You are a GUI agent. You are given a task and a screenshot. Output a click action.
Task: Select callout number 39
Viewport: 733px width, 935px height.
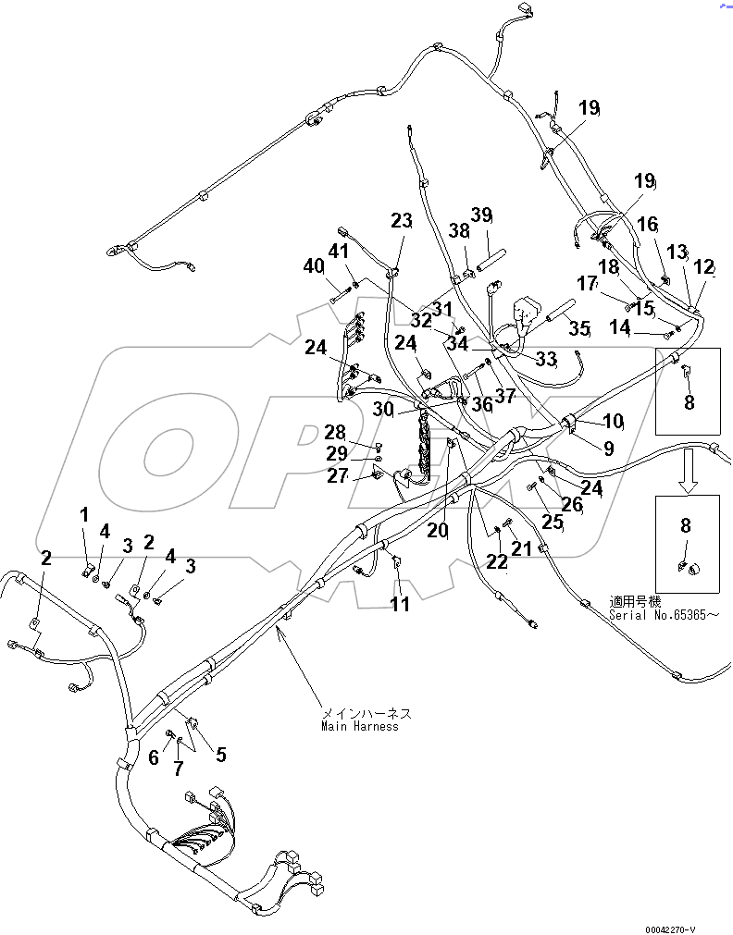(481, 215)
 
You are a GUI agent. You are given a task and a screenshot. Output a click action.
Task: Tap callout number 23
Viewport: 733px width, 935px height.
(401, 221)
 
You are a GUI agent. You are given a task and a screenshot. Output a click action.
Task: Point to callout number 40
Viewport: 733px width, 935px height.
(315, 266)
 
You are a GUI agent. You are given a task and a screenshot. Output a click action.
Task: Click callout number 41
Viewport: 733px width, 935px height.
(340, 251)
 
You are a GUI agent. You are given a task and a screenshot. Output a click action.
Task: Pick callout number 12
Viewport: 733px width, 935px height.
(704, 267)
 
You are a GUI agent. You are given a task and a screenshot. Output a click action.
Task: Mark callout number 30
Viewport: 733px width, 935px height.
(383, 409)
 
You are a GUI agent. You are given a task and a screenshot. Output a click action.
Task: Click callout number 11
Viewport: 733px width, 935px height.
(399, 605)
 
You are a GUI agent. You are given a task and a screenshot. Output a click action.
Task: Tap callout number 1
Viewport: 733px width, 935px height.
(84, 513)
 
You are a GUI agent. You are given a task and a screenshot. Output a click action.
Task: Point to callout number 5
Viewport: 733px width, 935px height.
(220, 755)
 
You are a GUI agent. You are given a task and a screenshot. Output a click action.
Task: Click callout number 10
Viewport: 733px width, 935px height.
(613, 422)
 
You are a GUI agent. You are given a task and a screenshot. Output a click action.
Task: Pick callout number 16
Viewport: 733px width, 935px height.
(647, 224)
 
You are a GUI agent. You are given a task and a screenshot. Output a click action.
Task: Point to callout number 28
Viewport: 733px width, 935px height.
(334, 432)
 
